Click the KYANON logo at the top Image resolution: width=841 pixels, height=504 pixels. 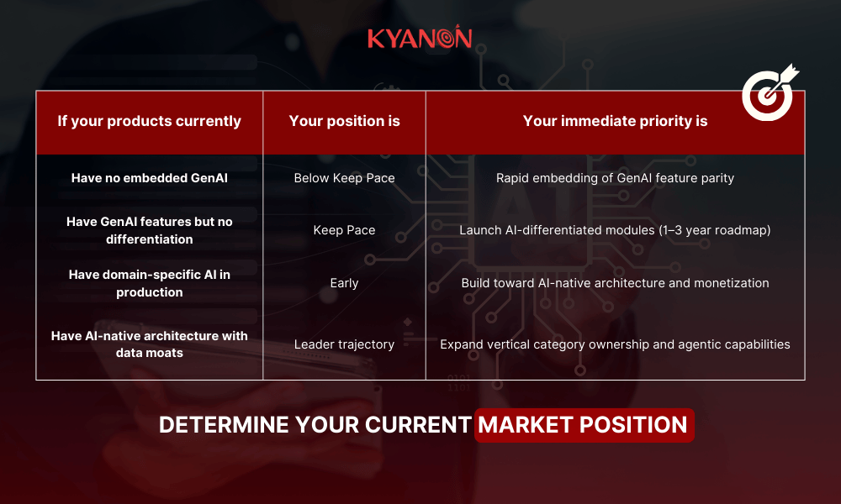pyautogui.click(x=420, y=38)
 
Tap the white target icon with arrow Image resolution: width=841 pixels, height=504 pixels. pyautogui.click(x=769, y=94)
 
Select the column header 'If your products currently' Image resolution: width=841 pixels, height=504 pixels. pyautogui.click(x=149, y=121)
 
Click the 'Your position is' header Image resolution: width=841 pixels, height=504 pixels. pyautogui.click(x=344, y=121)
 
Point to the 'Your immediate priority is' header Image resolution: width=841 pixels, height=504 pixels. pyautogui.click(x=615, y=121)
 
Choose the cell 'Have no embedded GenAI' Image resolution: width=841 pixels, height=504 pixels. pyautogui.click(x=149, y=178)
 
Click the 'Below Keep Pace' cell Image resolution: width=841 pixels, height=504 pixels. pyautogui.click(x=344, y=178)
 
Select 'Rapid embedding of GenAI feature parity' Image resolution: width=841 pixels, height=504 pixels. pyautogui.click(x=615, y=178)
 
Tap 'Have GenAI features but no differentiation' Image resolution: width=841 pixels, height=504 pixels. pyautogui.click(x=149, y=230)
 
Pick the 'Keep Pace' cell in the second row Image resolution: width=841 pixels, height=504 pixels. pyautogui.click(x=344, y=230)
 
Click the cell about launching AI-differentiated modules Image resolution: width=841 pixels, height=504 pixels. pyautogui.click(x=615, y=230)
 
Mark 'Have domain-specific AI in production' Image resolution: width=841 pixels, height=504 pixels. pyautogui.click(x=149, y=283)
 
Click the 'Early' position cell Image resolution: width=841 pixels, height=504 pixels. pyautogui.click(x=344, y=283)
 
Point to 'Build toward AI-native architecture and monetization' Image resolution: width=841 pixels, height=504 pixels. pyautogui.click(x=615, y=283)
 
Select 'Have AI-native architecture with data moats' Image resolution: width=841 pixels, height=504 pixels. pyautogui.click(x=149, y=344)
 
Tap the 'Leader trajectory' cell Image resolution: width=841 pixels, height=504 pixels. pyautogui.click(x=344, y=344)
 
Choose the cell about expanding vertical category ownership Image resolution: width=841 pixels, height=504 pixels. pyautogui.click(x=615, y=344)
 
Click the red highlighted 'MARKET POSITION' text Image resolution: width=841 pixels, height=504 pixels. pyautogui.click(x=584, y=425)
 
